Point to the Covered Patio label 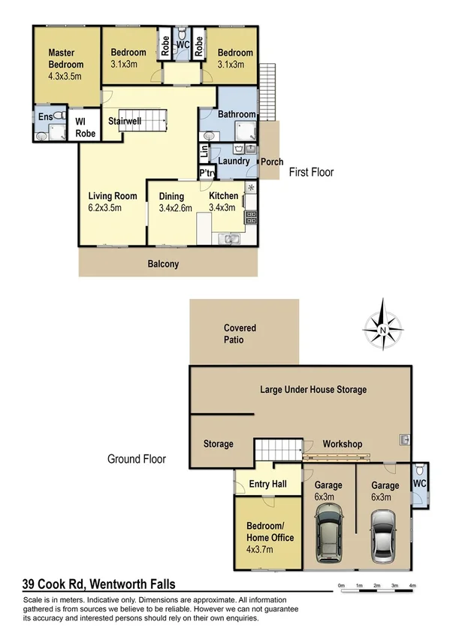[240, 334]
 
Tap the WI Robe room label [85, 128]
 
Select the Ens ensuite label [44, 117]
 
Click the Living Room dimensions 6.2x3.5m [104, 208]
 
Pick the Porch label [270, 162]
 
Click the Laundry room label [234, 161]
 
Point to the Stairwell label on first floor [125, 121]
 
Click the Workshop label [343, 444]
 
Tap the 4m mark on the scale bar [412, 585]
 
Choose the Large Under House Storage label [313, 389]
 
